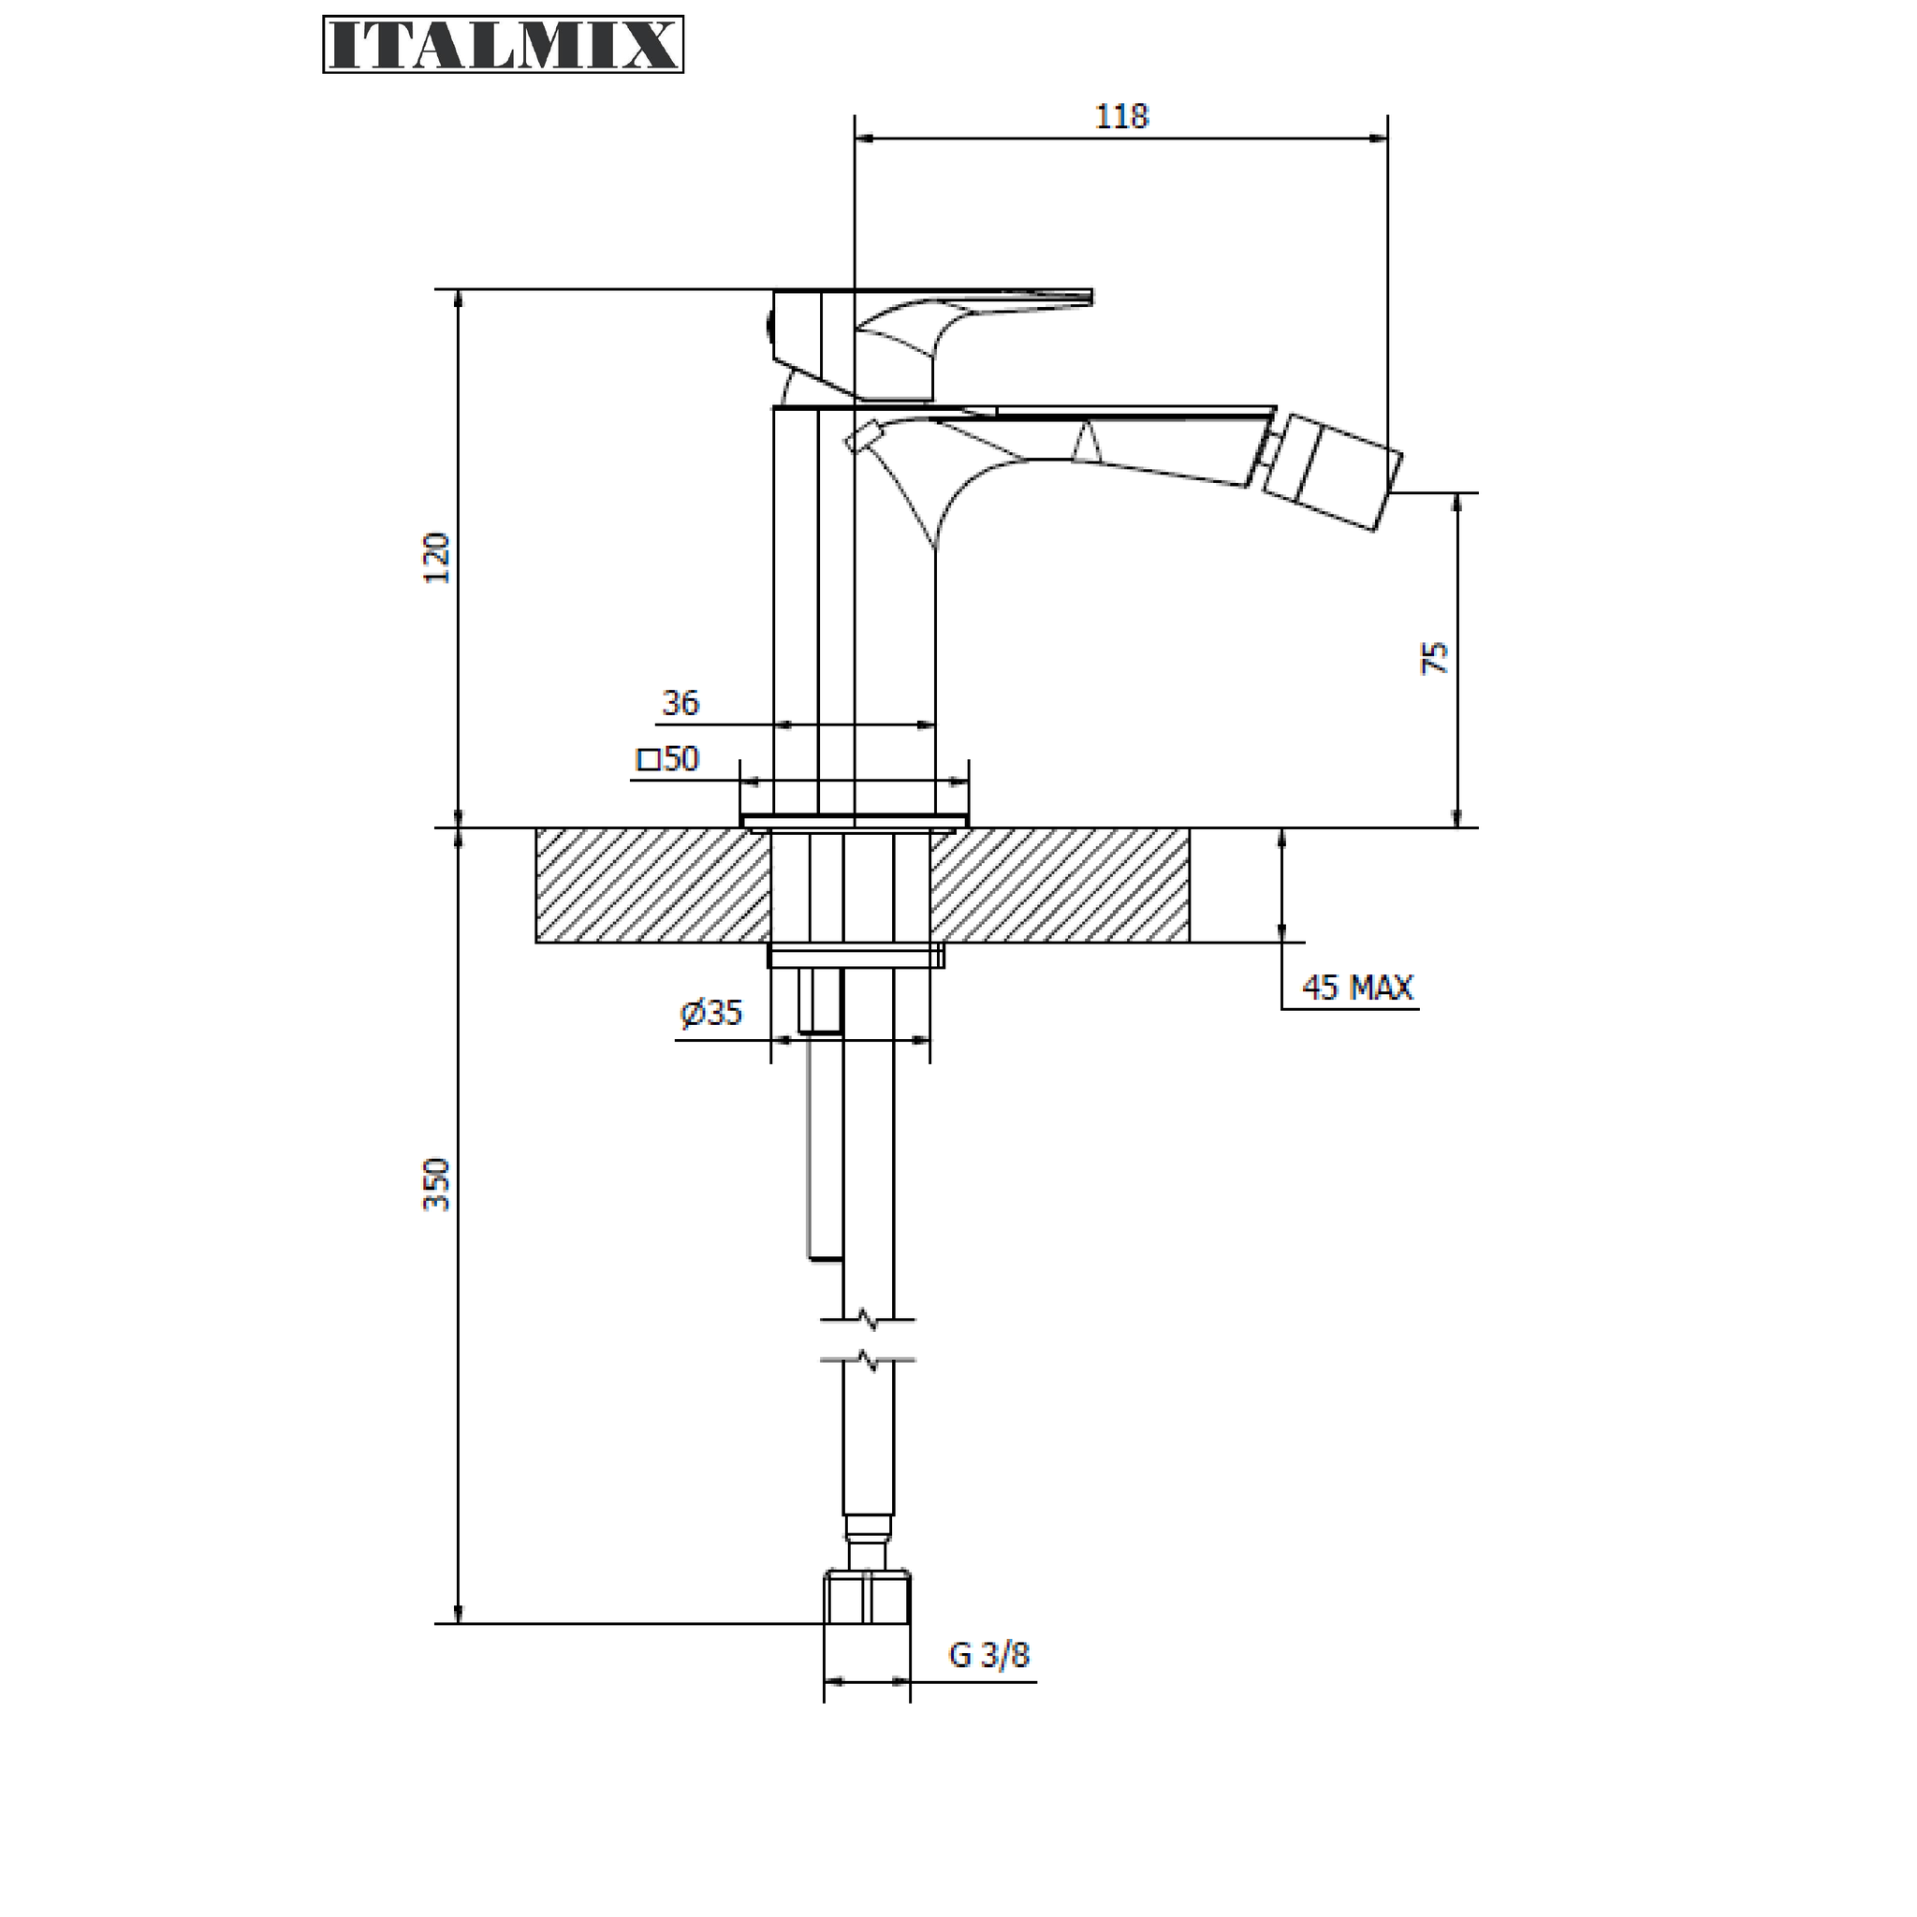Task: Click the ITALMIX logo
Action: (503, 45)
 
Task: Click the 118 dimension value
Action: (1121, 117)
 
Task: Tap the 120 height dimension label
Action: (437, 558)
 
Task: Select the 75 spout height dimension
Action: (1435, 658)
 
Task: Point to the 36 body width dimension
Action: (680, 703)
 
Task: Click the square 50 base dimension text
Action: (667, 759)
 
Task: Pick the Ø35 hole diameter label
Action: (710, 1012)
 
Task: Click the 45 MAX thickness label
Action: (1357, 988)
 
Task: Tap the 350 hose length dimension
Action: (437, 1184)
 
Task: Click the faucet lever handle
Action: (932, 343)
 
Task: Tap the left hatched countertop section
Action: (653, 885)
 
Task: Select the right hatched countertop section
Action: (1060, 885)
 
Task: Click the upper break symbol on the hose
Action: (869, 1321)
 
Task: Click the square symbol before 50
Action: (648, 761)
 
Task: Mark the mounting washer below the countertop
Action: (856, 955)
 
